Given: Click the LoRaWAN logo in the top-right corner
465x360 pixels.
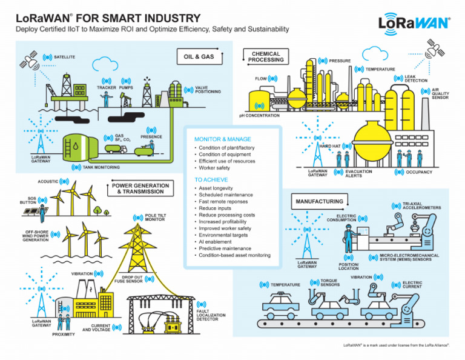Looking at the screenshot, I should click(x=414, y=22).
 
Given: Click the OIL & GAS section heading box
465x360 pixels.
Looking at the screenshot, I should click(x=199, y=57).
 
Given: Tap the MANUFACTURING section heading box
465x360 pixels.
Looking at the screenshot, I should click(x=319, y=201).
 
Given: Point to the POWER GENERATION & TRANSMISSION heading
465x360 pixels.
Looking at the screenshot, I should click(x=140, y=188).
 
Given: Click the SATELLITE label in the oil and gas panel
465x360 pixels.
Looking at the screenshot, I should click(x=64, y=57).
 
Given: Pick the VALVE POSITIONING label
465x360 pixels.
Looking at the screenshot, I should click(x=208, y=90).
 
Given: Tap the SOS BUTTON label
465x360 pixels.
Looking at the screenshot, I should click(x=28, y=200).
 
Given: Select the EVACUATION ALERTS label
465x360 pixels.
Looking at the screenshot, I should click(x=358, y=173).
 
